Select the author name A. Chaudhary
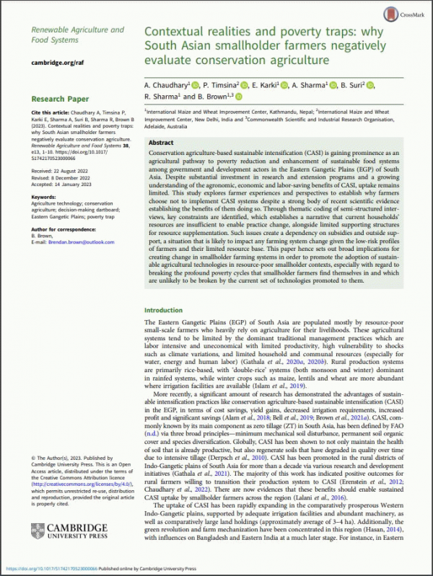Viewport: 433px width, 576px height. click(x=168, y=86)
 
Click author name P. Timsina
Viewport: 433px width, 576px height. click(x=220, y=86)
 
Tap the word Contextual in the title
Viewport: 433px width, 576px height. click(x=178, y=32)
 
